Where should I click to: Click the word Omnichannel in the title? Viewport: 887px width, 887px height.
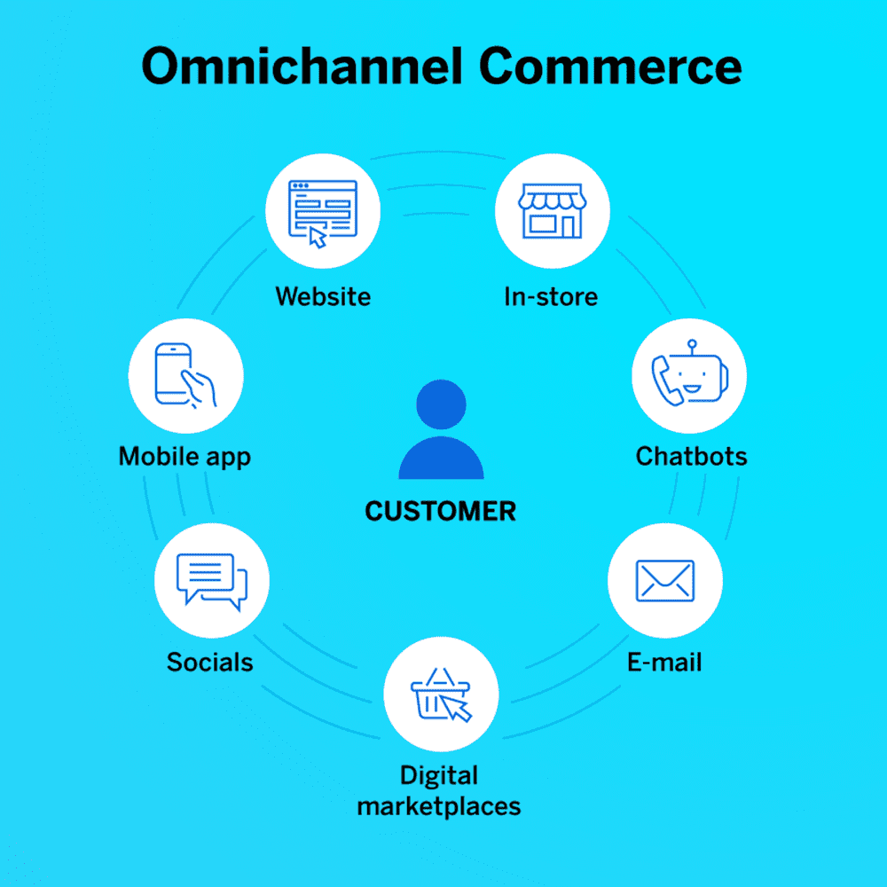pos(302,67)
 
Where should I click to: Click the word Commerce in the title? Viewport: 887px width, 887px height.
pos(610,67)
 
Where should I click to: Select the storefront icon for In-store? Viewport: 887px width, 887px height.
pos(553,210)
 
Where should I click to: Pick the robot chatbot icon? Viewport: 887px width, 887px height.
pos(690,373)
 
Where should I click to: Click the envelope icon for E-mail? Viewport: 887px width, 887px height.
pos(665,580)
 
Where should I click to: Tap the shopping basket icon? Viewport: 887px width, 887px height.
pos(441,695)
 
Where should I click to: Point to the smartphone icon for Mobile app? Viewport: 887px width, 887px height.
pos(185,375)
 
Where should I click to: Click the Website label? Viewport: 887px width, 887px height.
pos(323,296)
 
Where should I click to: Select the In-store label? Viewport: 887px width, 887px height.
pos(551,296)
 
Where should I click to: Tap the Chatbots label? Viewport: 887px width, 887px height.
pos(691,456)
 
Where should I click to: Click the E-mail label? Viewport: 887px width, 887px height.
pos(664,662)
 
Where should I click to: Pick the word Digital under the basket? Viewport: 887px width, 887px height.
pos(439,776)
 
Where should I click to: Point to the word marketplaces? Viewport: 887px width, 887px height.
pos(439,806)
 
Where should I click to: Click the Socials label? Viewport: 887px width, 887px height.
pos(210,662)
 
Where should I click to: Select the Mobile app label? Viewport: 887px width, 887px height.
pos(184,457)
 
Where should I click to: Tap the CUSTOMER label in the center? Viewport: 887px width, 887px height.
pos(441,512)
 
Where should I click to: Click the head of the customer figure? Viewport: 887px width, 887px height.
pos(441,404)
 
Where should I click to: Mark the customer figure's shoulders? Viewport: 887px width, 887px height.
pos(441,459)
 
